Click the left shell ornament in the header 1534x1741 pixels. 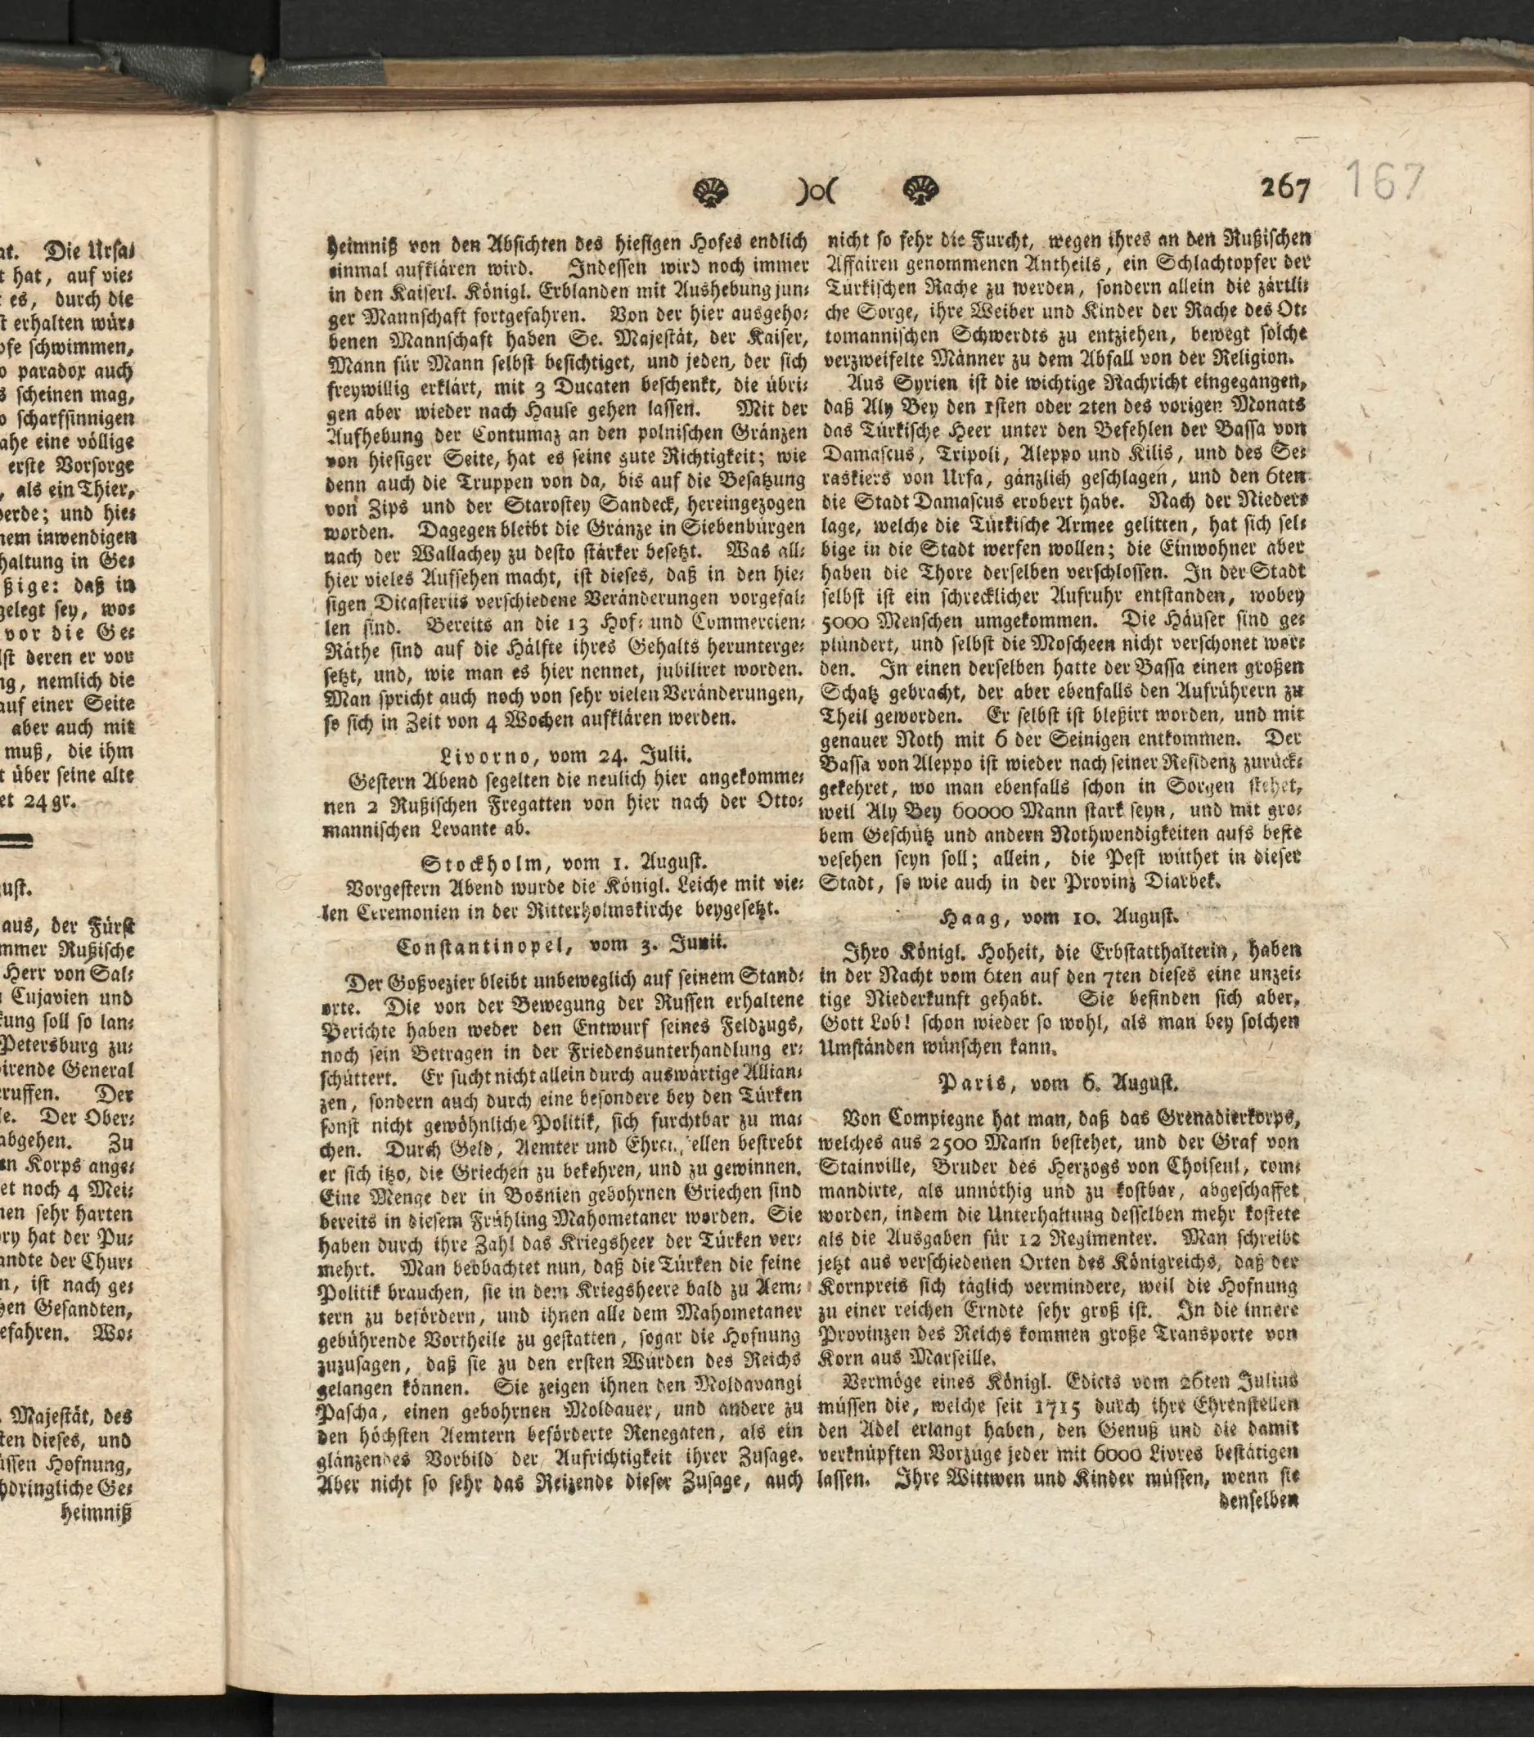[710, 191]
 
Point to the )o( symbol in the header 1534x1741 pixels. [816, 192]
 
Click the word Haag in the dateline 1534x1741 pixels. [967, 917]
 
